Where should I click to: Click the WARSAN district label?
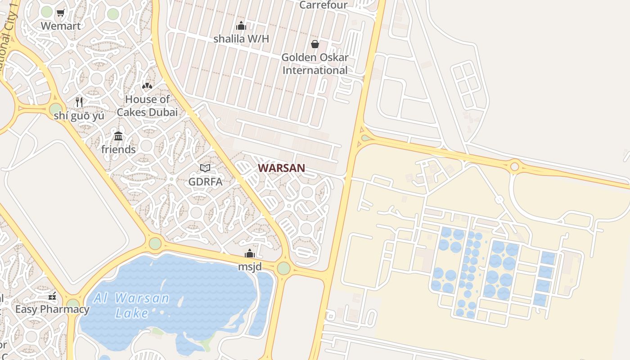point(281,168)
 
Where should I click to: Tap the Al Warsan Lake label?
point(131,305)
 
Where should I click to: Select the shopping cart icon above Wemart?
point(61,13)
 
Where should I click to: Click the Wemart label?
point(61,26)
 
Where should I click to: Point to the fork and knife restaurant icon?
point(79,102)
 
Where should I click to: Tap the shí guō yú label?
point(79,116)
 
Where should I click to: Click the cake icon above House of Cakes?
point(147,85)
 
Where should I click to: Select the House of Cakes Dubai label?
point(147,106)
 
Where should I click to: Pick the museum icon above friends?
point(118,136)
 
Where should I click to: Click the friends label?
point(118,149)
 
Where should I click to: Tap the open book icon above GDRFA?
point(205,168)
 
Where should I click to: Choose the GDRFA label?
point(205,182)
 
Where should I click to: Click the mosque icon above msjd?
point(250,254)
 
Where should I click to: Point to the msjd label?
point(250,267)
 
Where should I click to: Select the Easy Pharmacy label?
point(52,310)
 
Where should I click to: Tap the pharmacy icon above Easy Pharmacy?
point(52,297)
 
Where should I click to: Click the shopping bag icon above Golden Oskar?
point(315,44)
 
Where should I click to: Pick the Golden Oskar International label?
point(315,64)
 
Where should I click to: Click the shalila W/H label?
point(241,39)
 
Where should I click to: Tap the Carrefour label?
point(324,5)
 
